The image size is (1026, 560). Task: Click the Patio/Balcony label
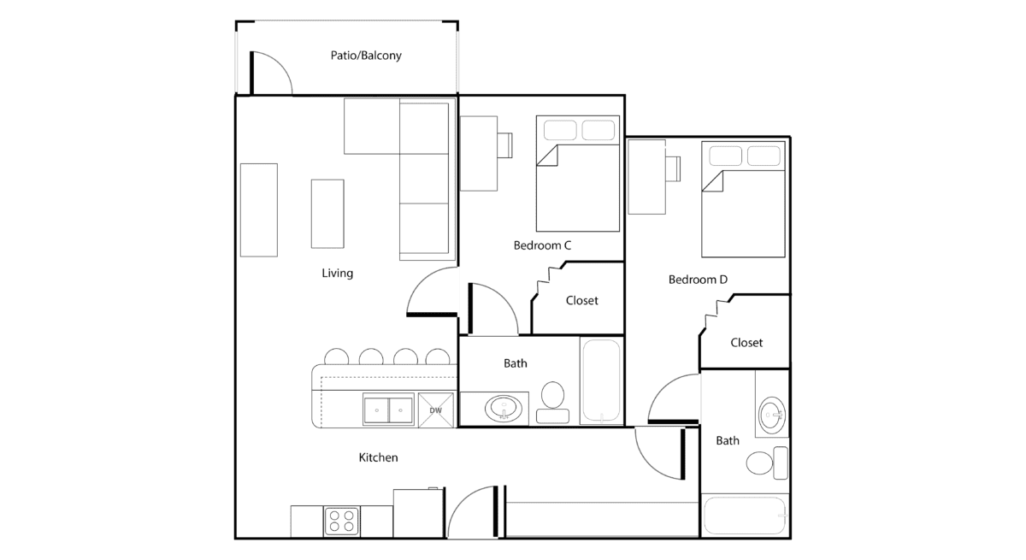[x=366, y=56]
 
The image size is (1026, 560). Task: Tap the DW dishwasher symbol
[x=435, y=410]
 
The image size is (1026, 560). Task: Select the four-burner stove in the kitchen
[x=341, y=521]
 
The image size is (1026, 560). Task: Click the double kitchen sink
[x=388, y=410]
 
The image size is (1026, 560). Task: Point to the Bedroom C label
[x=542, y=245]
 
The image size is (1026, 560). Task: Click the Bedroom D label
[x=698, y=280]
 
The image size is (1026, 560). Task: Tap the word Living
[x=337, y=274]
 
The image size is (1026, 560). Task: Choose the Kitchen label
[x=378, y=457]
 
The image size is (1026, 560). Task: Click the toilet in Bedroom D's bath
[x=767, y=463]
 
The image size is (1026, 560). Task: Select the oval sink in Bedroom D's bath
[x=772, y=416]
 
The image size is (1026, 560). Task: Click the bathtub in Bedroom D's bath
[x=745, y=516]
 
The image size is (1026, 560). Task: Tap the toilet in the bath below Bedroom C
[x=553, y=402]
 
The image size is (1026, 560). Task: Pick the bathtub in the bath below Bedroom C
[x=601, y=381]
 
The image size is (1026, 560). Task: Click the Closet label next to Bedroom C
[x=581, y=300]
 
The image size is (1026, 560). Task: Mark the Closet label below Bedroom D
[x=746, y=343]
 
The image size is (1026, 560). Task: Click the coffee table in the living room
[x=327, y=214]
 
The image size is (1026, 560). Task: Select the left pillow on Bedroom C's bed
[x=560, y=130]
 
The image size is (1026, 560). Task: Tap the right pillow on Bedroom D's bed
[x=764, y=156]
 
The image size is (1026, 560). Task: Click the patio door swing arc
[x=280, y=67]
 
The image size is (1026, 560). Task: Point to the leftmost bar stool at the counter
[x=337, y=357]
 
